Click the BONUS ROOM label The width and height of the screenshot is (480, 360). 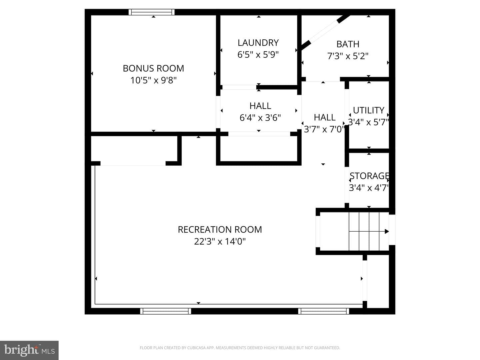click(153, 68)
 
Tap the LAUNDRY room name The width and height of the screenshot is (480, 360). click(258, 43)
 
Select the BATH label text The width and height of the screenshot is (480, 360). click(348, 44)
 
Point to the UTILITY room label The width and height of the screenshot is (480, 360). click(368, 110)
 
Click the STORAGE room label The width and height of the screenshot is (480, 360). click(369, 176)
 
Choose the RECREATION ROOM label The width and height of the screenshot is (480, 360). click(220, 230)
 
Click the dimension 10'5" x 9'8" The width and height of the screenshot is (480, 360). click(153, 80)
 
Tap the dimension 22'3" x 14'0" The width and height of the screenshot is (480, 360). click(220, 241)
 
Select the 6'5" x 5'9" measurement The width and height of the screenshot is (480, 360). click(258, 54)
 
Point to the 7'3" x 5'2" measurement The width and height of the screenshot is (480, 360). click(348, 56)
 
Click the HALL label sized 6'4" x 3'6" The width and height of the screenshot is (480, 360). click(260, 106)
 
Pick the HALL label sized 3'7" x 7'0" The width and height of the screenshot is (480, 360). click(324, 118)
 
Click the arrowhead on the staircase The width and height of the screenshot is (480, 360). click(387, 231)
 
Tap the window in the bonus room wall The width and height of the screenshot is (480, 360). click(152, 12)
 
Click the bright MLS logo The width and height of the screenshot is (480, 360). click(29, 350)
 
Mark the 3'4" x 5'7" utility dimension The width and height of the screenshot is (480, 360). click(368, 122)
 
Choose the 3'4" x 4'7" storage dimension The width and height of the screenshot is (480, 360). click(369, 188)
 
